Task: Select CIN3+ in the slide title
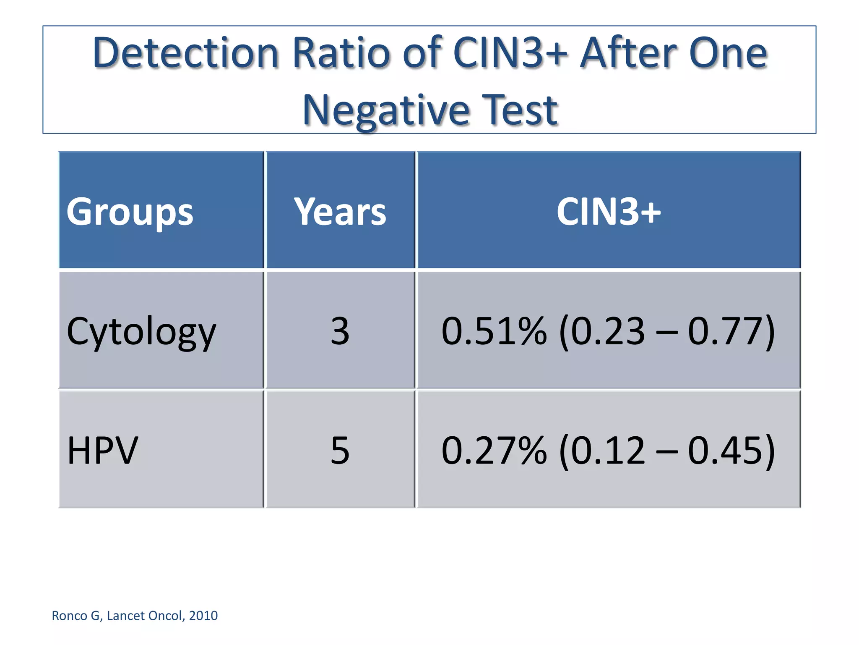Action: click(x=510, y=53)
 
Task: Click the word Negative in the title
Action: click(x=386, y=110)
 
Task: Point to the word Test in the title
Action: click(x=520, y=110)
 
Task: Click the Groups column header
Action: click(x=130, y=212)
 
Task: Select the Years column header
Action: click(x=340, y=212)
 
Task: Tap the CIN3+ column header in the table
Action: click(x=609, y=212)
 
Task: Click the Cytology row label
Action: click(x=141, y=332)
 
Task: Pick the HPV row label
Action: click(x=102, y=451)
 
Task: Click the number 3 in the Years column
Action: click(x=340, y=331)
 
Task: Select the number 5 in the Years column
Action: click(x=340, y=451)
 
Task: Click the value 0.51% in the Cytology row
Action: click(x=494, y=331)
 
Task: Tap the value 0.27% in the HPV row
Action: click(x=494, y=451)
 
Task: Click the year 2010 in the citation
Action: click(x=203, y=616)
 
